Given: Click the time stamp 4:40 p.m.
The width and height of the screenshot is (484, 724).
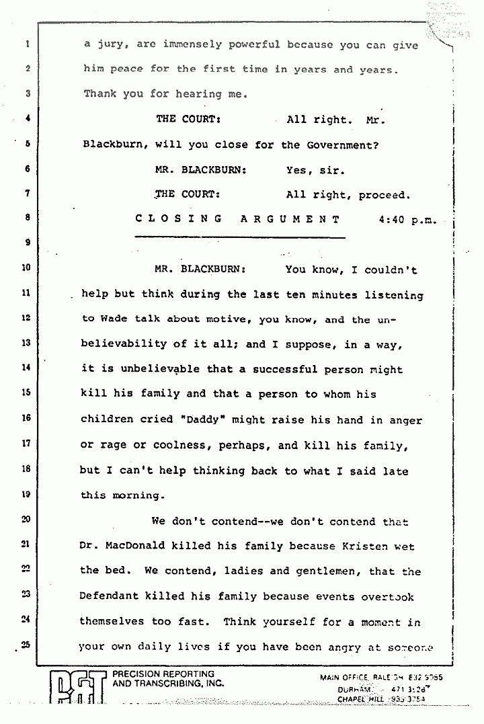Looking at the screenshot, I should (x=407, y=218).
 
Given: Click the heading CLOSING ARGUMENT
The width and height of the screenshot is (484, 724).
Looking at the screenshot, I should (x=237, y=218).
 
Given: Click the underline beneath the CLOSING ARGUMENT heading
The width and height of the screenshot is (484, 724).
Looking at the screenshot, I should (x=239, y=237).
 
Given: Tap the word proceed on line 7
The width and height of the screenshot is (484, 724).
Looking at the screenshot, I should (x=384, y=195).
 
